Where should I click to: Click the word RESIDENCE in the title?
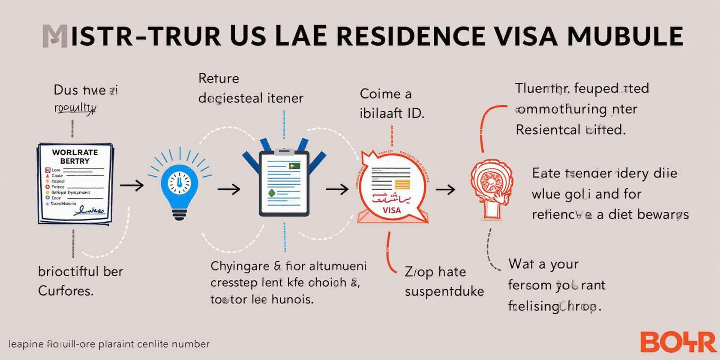pos(411,36)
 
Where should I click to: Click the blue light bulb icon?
pos(179,184)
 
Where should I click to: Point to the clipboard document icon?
pos(284,182)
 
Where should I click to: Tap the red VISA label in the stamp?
pos(391,210)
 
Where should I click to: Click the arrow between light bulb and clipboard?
pos(229,189)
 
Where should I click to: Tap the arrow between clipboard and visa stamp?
pos(337,189)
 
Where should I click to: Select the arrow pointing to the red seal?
pos(446,189)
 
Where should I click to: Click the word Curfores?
pos(66,291)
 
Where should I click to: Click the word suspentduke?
pos(444,292)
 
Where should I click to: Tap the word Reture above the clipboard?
pos(219,78)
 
